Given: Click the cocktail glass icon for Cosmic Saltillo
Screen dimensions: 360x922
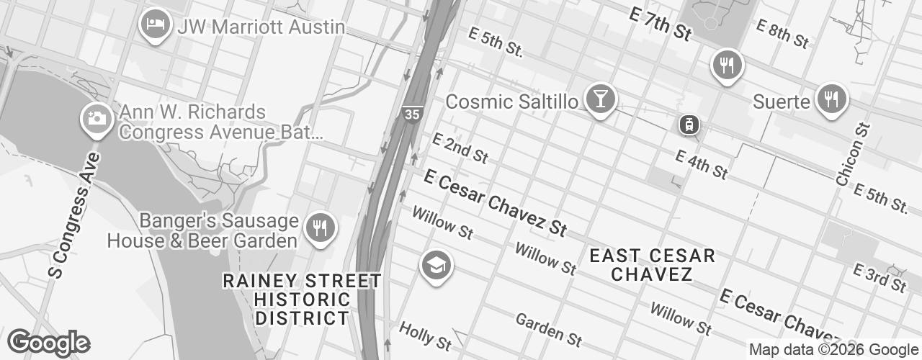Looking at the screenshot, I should click(x=598, y=99).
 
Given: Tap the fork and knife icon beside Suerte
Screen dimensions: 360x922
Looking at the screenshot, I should click(x=832, y=99).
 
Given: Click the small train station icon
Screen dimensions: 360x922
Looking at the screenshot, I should click(x=689, y=125).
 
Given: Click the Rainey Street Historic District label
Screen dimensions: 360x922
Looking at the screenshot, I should click(x=303, y=299).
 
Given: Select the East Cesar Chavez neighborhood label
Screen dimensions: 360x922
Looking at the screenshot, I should click(x=652, y=265).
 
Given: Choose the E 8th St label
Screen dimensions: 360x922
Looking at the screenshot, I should click(x=782, y=33).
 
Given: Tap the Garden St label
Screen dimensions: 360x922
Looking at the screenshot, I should click(x=549, y=328).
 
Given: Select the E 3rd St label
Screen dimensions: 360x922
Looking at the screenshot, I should click(x=879, y=277).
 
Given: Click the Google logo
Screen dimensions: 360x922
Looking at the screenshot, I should click(x=48, y=343).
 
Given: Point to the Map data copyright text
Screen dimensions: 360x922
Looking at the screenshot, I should click(x=833, y=350).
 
